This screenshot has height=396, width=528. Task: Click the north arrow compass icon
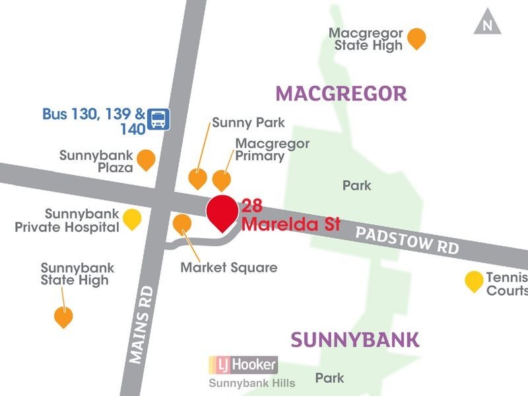click(x=487, y=24)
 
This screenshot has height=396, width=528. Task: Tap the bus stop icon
click(x=158, y=119)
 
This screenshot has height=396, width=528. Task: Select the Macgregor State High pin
click(x=416, y=38)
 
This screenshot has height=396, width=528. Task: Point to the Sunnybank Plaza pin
click(x=146, y=160)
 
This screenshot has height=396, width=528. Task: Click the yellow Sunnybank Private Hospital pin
click(x=133, y=218)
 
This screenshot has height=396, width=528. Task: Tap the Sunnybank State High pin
click(x=63, y=317)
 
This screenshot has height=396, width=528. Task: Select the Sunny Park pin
click(x=197, y=178)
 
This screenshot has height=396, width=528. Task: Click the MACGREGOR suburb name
click(x=341, y=94)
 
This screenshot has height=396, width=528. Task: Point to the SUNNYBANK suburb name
click(x=354, y=340)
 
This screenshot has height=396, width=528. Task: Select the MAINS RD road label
click(x=141, y=323)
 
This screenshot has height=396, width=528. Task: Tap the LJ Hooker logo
click(x=244, y=364)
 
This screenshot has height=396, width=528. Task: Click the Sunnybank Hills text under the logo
click(x=252, y=383)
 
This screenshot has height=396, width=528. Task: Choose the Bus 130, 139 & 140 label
click(x=94, y=121)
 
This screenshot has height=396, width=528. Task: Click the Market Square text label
click(x=229, y=268)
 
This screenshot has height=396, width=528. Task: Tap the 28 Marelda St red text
click(x=290, y=215)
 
